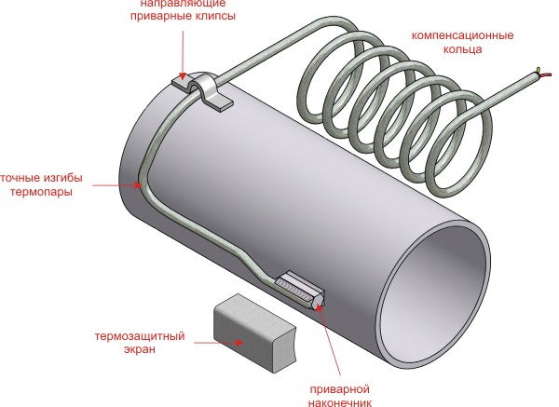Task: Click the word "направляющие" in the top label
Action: (x=168, y=4)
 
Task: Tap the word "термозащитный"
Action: (x=141, y=335)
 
